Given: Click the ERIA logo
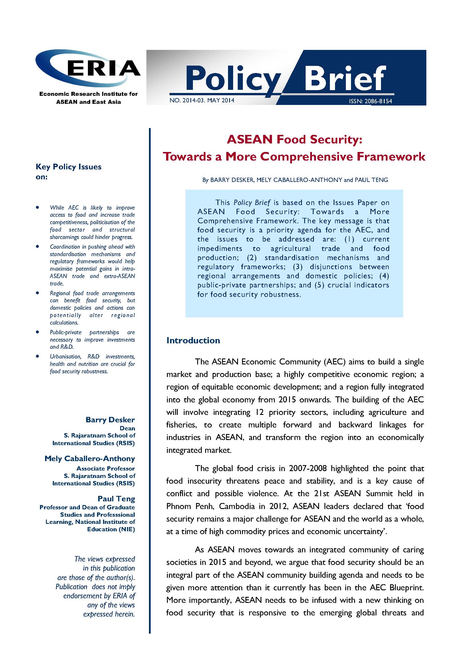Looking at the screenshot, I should click(88, 68).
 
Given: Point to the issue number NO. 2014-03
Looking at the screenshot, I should click(186, 100).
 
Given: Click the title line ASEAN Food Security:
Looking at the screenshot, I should click(294, 140).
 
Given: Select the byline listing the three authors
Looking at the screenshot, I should click(295, 180).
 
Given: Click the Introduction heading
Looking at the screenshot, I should click(193, 340).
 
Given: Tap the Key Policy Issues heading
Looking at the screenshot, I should click(68, 167).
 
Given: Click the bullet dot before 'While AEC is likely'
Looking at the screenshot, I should click(37, 207).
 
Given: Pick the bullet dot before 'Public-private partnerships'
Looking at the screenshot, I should click(37, 332).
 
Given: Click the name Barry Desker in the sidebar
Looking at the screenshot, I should click(110, 420).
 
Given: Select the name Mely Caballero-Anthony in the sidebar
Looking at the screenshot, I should click(90, 459).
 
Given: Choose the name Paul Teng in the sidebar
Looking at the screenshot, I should click(116, 499).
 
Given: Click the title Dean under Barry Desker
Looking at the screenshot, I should click(127, 429).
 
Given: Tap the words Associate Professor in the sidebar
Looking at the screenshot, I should click(106, 469).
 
